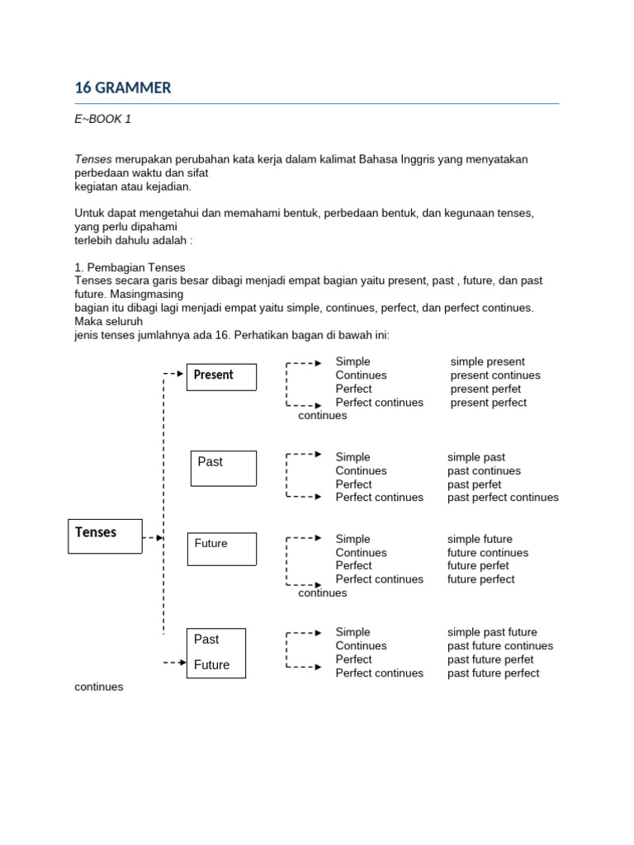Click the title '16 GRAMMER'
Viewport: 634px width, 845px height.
(x=123, y=87)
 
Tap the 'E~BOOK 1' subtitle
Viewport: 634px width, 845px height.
(x=103, y=119)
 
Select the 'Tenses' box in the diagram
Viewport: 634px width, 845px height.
(x=104, y=535)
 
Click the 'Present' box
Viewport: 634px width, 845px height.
(x=221, y=375)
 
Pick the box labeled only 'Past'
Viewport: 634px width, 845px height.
(x=223, y=467)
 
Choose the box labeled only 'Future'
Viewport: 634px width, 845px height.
(x=221, y=549)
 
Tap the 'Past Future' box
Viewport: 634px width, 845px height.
(x=215, y=652)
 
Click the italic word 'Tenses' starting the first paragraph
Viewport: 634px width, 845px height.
(x=92, y=158)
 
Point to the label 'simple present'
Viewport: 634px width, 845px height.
(x=487, y=361)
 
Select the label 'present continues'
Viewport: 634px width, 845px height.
(x=495, y=375)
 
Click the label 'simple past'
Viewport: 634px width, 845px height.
(x=476, y=457)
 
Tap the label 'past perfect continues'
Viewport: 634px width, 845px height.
(x=503, y=498)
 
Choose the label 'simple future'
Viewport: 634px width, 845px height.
(x=480, y=539)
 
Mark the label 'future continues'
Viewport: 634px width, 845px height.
(x=488, y=553)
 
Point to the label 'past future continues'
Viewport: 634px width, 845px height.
(x=500, y=646)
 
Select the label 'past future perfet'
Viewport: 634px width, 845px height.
(x=490, y=659)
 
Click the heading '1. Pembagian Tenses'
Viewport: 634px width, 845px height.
(x=130, y=267)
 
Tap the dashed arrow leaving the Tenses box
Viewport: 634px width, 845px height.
(x=153, y=538)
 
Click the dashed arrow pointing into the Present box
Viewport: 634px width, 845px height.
(x=173, y=374)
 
